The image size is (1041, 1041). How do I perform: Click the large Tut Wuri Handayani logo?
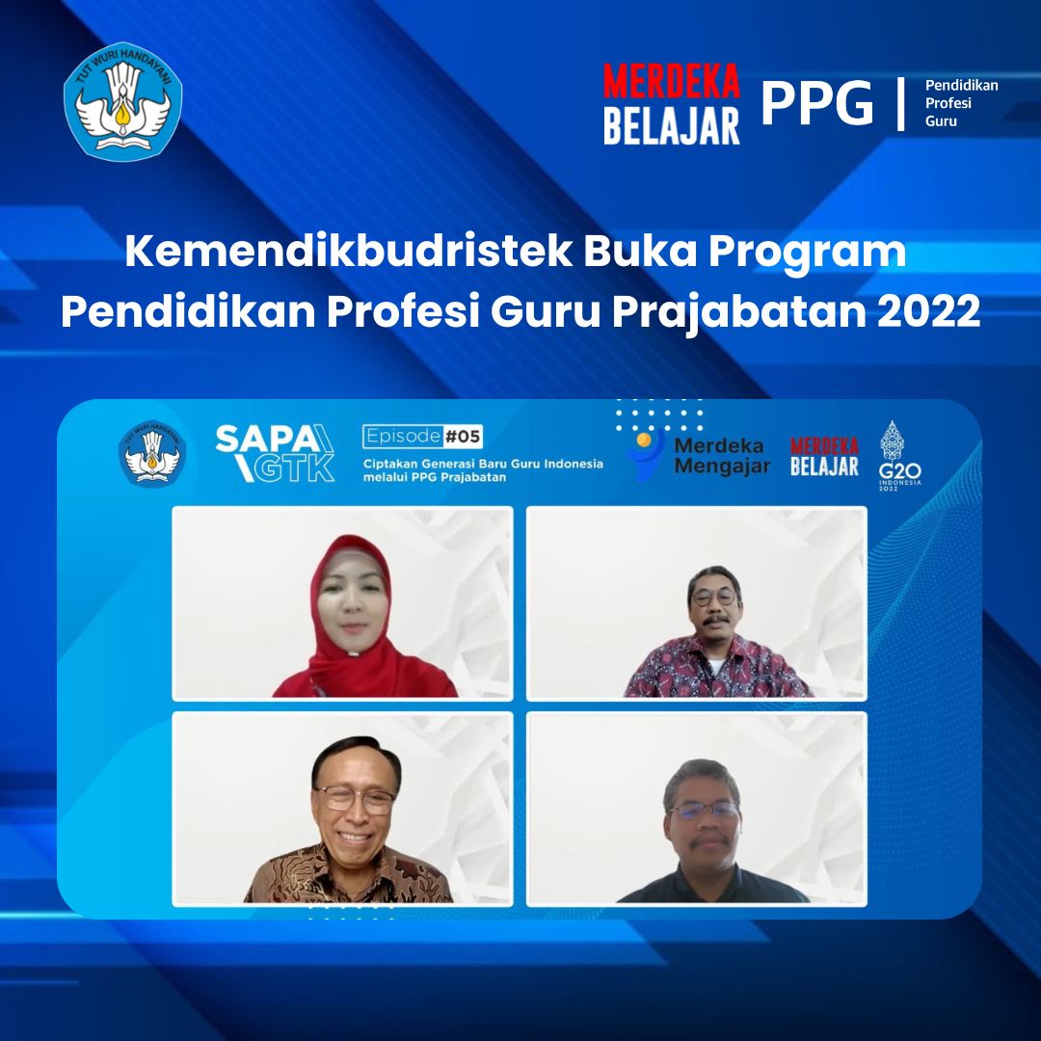pos(122,101)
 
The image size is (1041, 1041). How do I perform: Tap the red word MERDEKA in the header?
pos(671,81)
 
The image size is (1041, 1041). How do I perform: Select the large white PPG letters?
pos(816,103)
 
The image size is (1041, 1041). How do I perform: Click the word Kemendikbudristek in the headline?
pos(349,251)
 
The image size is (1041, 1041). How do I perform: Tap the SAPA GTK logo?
pos(275,453)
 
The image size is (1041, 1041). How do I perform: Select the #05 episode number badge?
pos(463,437)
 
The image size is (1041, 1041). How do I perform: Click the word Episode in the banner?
pos(403,437)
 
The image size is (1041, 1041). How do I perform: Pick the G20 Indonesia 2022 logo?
pos(899,455)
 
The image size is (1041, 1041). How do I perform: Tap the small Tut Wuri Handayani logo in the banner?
pos(152,453)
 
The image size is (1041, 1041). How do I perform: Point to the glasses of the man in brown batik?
pos(355,799)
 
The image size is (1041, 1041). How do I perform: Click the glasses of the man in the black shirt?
pos(705,810)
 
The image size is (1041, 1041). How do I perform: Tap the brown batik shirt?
pos(348,875)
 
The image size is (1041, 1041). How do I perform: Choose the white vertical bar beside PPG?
pos(901,103)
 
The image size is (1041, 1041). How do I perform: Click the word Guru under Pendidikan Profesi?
pos(941,120)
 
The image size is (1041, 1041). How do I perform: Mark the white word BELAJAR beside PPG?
pos(671,126)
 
